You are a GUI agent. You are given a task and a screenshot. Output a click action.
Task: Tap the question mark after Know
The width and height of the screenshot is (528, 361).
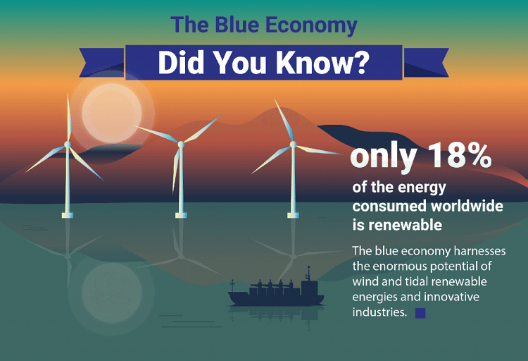pos(361,62)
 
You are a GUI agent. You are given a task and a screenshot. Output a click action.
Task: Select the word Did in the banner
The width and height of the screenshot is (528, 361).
pos(181,62)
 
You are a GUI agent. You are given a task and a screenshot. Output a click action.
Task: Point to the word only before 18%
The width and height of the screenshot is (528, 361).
pos(383,157)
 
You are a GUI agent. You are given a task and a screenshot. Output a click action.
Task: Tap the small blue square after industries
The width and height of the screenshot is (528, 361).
pos(420,313)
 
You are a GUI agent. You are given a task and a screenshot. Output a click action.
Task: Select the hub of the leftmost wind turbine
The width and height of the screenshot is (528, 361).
pos(68,145)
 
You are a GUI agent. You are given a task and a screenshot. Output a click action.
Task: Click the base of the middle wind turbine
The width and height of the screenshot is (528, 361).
pos(181,215)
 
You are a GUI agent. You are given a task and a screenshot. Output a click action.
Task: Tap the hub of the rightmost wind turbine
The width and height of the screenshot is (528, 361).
pos(293,145)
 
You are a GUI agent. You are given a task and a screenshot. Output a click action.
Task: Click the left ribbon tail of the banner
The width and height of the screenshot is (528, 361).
pos(102,63)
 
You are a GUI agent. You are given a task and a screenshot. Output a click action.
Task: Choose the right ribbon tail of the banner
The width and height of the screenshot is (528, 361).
pos(426,63)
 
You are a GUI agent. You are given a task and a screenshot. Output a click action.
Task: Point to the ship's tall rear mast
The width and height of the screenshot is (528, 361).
pos(308,274)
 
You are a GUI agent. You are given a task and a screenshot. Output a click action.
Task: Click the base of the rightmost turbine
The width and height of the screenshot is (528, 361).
pos(293,215)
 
